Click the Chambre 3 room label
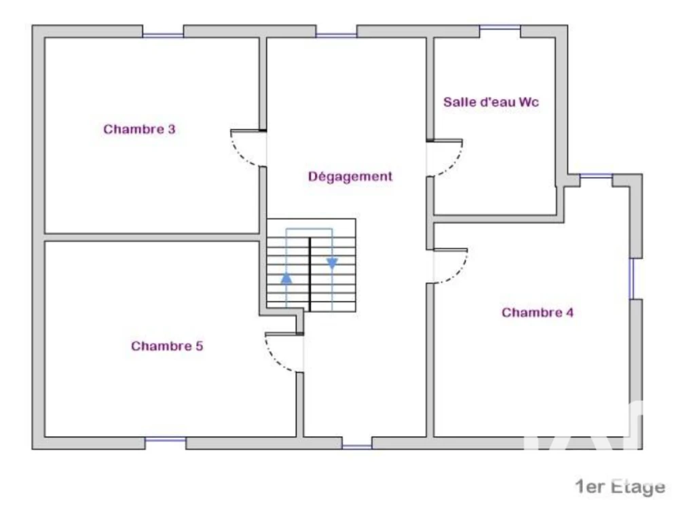[x=139, y=129]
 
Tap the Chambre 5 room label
[x=167, y=346]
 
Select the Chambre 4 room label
[x=538, y=312]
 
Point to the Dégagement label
[x=350, y=177]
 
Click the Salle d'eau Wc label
[x=491, y=102]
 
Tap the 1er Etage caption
[x=620, y=487]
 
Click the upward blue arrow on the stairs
[x=286, y=279]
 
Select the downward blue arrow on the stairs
[x=332, y=263]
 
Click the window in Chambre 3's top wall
[x=163, y=35]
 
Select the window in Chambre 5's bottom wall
[x=166, y=439]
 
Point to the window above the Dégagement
[x=337, y=35]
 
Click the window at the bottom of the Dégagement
[x=357, y=446]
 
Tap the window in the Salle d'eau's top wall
[x=500, y=28]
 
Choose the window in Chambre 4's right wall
[x=632, y=279]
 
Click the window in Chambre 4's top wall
[x=596, y=177]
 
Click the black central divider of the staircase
[x=309, y=274]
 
